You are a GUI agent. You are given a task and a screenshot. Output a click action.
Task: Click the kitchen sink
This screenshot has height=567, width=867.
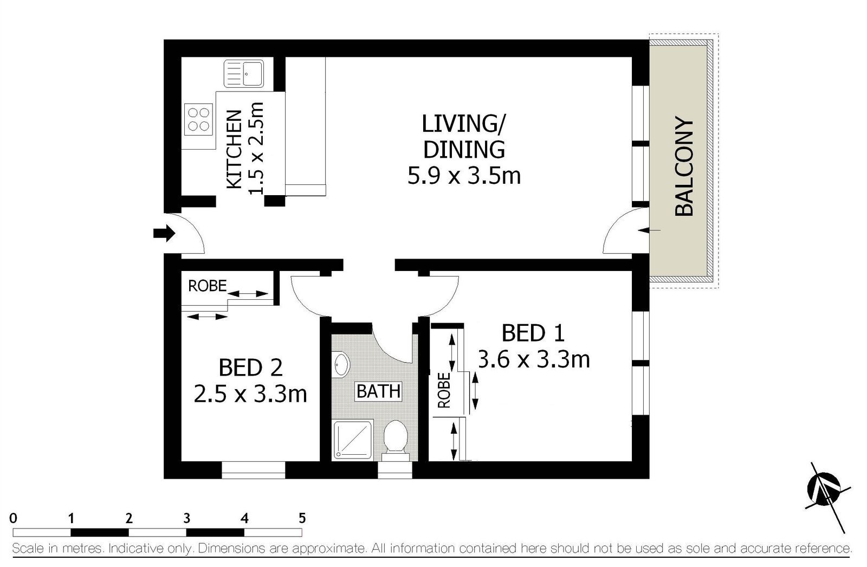pos(244,74)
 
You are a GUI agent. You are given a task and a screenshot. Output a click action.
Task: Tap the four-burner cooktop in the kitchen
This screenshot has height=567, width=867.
pos(198,119)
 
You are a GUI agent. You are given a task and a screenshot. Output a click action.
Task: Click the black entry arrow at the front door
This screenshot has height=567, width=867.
pos(165,233)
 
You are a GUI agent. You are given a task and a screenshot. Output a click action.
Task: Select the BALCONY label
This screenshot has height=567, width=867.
pos(684,166)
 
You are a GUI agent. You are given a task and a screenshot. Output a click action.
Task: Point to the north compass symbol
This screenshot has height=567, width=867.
pos(824,489)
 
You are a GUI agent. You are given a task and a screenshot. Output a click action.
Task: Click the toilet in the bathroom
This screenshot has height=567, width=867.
pos(395,440)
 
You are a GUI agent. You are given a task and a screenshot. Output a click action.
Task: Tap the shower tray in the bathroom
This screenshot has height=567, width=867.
pos(353,440)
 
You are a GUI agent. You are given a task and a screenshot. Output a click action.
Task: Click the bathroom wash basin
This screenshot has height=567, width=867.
pos(341,364)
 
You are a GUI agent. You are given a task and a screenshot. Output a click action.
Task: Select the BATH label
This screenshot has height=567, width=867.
pos(379,391)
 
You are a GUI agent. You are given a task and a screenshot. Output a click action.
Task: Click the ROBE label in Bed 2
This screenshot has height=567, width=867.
pos(207,286)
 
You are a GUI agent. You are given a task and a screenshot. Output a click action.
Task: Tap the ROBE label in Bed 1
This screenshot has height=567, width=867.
pos(444,390)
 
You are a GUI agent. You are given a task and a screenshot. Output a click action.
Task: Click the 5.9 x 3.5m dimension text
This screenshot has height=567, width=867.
pos(464,176)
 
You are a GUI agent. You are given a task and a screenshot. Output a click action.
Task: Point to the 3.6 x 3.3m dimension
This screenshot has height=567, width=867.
pos(534,359)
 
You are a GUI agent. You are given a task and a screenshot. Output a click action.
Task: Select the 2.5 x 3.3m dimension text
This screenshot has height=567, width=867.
pos(250,394)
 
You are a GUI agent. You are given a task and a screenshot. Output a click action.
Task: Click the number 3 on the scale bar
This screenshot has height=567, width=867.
pos(186,518)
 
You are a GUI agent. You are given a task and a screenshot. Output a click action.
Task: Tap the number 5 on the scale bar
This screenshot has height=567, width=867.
pos(302,518)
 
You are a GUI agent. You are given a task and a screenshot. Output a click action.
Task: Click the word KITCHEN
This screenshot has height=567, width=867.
pos(234,150)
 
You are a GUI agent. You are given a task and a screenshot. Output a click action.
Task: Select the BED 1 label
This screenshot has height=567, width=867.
pos(533,333)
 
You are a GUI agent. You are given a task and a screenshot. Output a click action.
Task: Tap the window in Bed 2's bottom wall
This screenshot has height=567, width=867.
pos(253,470)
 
